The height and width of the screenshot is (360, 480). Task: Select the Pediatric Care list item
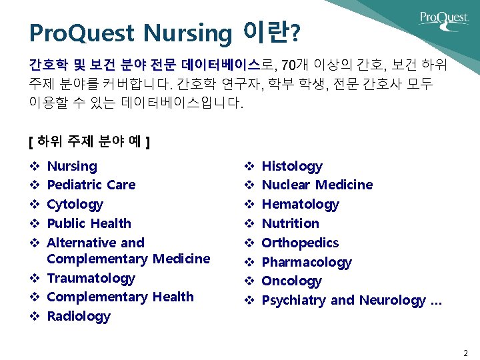coord(91,185)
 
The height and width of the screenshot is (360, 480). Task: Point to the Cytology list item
coord(75,204)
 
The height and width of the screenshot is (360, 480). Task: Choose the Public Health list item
coord(89,223)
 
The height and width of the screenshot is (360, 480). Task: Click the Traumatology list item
coord(91,278)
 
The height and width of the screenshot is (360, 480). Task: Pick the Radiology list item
coord(79,316)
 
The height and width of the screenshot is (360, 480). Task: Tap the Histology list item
coord(292,166)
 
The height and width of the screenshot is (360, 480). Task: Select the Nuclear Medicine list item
coord(317,185)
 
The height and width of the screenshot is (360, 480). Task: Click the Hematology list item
coord(300,204)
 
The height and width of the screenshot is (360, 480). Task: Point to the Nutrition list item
coord(290,223)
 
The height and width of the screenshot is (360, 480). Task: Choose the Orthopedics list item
coord(300,243)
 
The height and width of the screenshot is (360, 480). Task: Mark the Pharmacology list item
coord(306,262)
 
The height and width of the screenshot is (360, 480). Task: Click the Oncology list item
coord(291,281)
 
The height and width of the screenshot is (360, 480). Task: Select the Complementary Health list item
coord(120,297)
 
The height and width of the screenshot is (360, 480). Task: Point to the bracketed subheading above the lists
coord(89,142)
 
